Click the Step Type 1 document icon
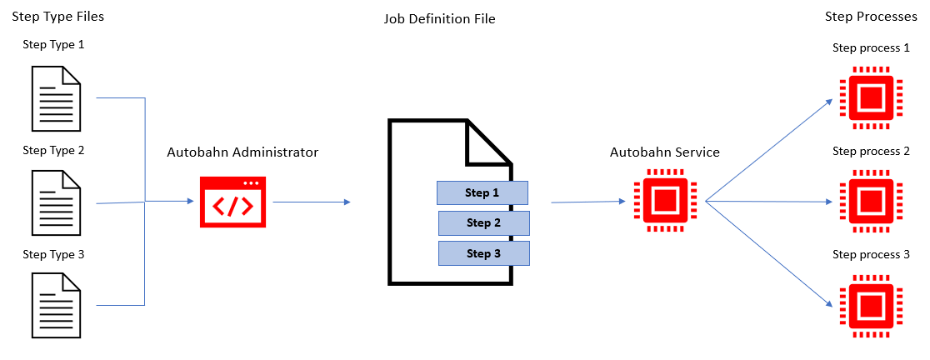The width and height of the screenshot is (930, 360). click(x=56, y=98)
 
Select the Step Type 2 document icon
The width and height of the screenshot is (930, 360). click(x=56, y=203)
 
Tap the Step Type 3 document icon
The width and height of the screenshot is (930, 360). click(x=56, y=306)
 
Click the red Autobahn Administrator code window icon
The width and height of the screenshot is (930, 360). click(x=233, y=202)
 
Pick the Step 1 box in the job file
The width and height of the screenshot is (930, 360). click(x=482, y=192)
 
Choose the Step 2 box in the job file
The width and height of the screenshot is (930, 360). click(x=484, y=222)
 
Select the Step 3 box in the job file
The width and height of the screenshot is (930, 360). click(x=484, y=253)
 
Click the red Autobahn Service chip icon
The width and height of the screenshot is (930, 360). click(x=664, y=202)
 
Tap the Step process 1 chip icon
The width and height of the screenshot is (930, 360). click(x=870, y=97)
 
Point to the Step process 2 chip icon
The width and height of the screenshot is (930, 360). click(x=870, y=201)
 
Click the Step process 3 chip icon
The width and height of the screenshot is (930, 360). click(x=870, y=305)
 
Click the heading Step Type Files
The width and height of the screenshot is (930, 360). click(x=57, y=17)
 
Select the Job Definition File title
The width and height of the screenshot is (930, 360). click(x=439, y=18)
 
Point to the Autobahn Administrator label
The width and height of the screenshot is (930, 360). click(x=242, y=152)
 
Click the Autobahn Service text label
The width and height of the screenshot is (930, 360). click(x=664, y=152)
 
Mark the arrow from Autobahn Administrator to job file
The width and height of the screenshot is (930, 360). click(x=311, y=202)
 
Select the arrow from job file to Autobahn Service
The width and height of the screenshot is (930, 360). click(x=587, y=201)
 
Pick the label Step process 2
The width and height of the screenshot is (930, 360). click(x=871, y=151)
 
